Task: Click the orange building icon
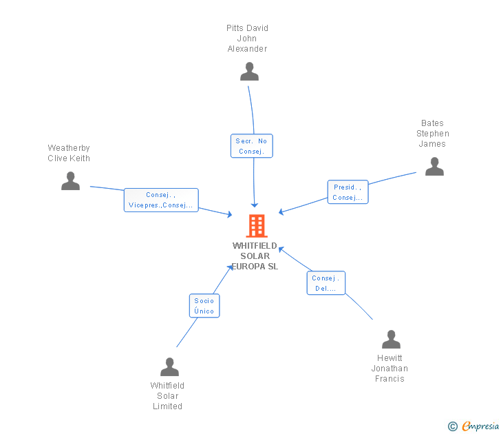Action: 256,225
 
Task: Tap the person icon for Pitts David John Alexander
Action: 249,71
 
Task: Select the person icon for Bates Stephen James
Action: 434,166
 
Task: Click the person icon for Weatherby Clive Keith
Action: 70,180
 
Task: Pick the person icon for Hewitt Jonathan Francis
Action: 391,340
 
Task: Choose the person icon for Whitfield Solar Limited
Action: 169,366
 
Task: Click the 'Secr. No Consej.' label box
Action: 253,146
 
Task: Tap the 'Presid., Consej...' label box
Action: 348,192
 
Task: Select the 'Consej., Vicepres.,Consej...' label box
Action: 161,200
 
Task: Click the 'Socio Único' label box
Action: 204,306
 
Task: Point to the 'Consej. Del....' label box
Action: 326,283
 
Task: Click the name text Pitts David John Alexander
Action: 247,39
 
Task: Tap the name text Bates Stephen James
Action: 432,134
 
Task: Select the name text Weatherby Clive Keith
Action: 69,153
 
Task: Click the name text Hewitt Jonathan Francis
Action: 390,369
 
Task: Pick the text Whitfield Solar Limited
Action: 167,396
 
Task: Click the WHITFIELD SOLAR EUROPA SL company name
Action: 255,256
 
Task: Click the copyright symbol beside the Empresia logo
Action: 453,426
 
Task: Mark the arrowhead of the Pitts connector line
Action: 254,205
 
